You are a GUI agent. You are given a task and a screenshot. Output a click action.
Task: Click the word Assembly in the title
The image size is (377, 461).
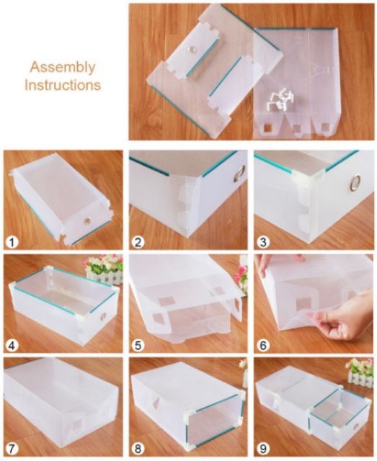pyautogui.click(x=63, y=68)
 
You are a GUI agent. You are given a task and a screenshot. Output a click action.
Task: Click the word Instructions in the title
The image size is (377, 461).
pyautogui.click(x=63, y=85)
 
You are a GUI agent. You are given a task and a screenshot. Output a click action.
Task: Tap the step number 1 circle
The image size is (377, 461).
pyautogui.click(x=12, y=243)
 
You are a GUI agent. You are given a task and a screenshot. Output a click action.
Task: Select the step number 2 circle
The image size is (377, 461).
pyautogui.click(x=138, y=243)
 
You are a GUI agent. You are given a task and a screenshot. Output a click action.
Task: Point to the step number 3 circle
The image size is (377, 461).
pyautogui.click(x=263, y=243)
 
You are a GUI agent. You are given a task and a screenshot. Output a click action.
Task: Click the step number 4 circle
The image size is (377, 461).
pyautogui.click(x=12, y=345)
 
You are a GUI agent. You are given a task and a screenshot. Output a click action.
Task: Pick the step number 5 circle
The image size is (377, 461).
pyautogui.click(x=138, y=345)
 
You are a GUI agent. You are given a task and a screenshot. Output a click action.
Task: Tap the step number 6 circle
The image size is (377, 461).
pyautogui.click(x=263, y=345)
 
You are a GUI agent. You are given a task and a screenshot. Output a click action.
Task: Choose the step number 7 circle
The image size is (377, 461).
pyautogui.click(x=12, y=448)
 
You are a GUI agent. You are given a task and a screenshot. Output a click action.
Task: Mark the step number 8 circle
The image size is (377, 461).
pyautogui.click(x=138, y=448)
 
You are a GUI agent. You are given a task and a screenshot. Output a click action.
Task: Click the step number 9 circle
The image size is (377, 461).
pyautogui.click(x=263, y=448)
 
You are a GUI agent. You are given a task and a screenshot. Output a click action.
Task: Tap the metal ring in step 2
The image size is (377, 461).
pyautogui.click(x=241, y=172)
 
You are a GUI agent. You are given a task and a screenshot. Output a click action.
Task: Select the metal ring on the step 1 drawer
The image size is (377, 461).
pyautogui.click(x=87, y=220)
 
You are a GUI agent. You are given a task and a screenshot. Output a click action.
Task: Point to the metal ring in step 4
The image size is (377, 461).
pyautogui.click(x=103, y=316)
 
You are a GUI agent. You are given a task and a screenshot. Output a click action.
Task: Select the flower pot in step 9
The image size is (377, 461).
pyautogui.click(x=360, y=372)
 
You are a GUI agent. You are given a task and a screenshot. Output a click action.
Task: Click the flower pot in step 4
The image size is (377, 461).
pyautogui.click(x=104, y=269)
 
